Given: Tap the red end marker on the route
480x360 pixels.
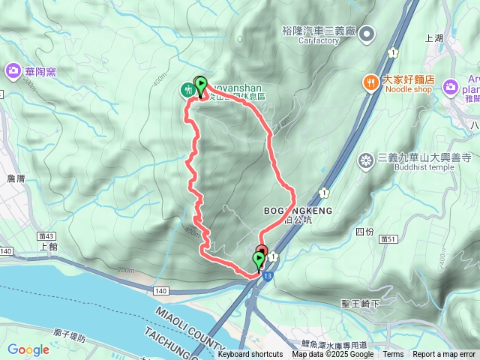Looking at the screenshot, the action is (262, 251).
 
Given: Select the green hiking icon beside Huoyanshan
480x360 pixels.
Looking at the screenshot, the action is (187, 89).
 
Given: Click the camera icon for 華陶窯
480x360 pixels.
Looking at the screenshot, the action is (13, 71).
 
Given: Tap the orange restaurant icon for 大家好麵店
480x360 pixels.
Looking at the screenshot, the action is (370, 82).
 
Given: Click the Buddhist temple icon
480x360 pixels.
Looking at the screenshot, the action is (367, 159).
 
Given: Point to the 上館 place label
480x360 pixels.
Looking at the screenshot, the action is (48, 246).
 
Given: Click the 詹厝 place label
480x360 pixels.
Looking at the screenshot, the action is (16, 178).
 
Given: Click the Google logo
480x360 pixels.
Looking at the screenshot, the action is (28, 349).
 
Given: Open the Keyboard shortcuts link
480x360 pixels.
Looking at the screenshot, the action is (250, 355).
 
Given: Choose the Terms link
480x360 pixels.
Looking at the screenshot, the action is (393, 355).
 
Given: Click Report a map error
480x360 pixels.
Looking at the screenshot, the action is (444, 355).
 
